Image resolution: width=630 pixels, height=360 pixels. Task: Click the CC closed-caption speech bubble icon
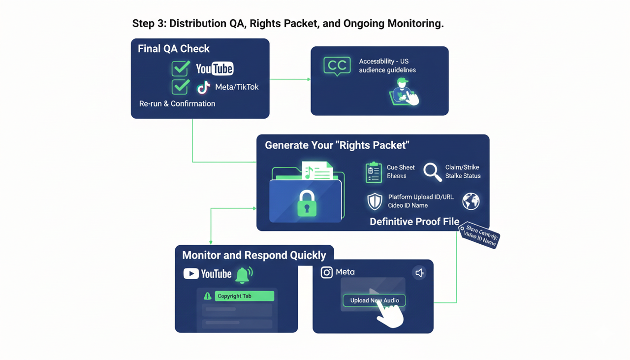337,66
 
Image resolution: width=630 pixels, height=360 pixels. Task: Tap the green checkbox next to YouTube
181,68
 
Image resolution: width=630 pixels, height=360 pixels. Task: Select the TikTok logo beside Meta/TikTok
203,88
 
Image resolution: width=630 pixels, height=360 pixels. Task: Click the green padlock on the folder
307,202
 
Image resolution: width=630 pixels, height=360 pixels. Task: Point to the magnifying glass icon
432,171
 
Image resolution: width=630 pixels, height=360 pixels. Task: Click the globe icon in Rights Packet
471,201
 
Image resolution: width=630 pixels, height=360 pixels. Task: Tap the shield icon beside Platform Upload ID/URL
375,201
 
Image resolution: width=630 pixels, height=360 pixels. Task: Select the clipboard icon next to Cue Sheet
374,172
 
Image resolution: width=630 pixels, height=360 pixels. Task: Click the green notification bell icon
243,275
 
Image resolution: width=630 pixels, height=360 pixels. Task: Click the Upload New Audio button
374,300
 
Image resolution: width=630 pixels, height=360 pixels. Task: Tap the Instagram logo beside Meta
327,272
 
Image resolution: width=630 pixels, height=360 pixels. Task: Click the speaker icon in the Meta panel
419,273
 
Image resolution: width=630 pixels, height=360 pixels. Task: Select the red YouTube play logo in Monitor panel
191,274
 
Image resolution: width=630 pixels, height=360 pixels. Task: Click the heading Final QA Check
173,49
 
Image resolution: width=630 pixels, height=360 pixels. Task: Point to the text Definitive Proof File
414,222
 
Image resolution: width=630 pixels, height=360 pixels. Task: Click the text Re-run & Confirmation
177,103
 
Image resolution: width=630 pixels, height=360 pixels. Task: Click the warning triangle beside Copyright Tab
208,296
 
